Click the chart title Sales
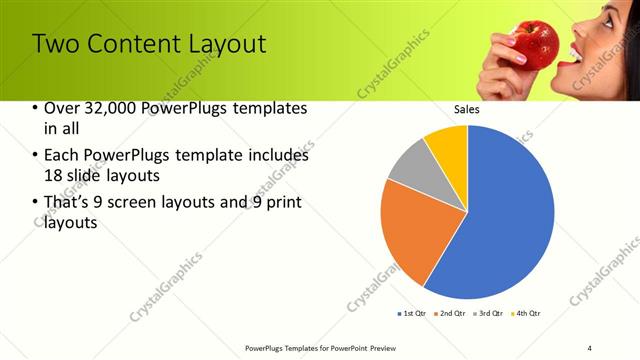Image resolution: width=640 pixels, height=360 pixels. pyautogui.click(x=467, y=109)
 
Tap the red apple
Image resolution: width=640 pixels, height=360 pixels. pyautogui.click(x=535, y=42)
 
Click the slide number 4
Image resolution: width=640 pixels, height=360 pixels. pyautogui.click(x=590, y=347)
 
